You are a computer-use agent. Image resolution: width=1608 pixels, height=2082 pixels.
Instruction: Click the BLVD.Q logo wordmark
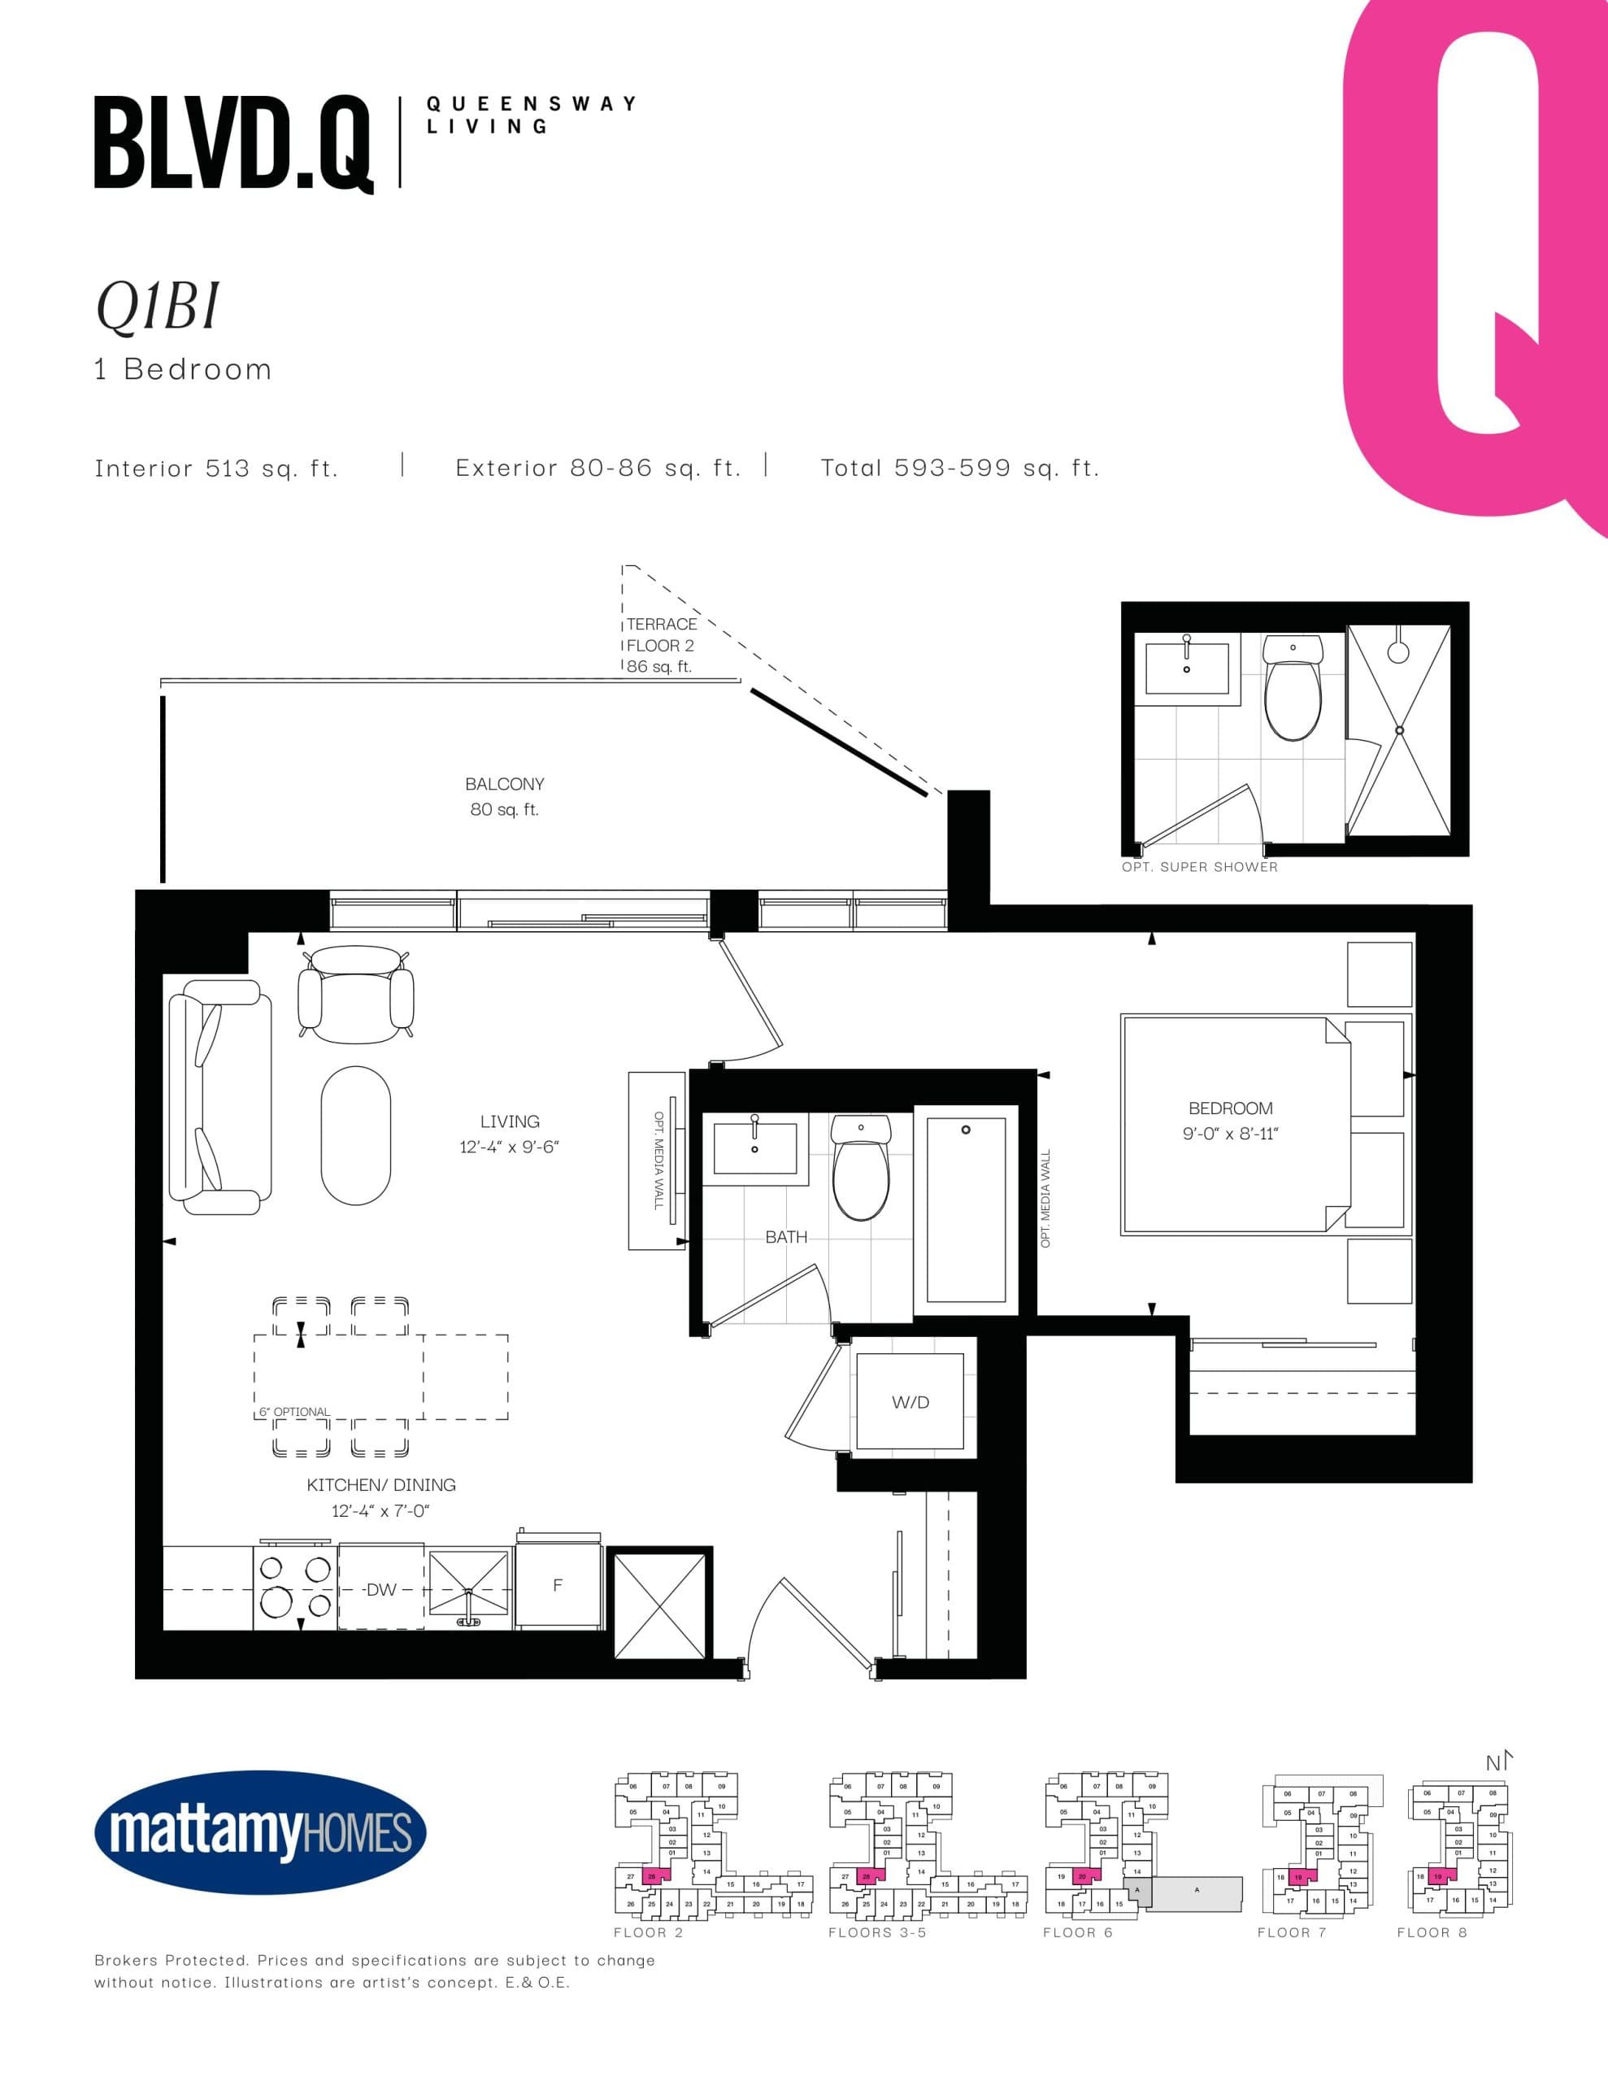tap(233, 144)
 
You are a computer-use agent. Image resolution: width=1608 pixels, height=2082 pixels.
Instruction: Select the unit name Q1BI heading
tap(157, 307)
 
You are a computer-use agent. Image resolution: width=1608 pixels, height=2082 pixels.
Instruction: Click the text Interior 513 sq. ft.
tap(216, 468)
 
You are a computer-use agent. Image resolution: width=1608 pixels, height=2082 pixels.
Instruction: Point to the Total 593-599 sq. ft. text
tap(960, 468)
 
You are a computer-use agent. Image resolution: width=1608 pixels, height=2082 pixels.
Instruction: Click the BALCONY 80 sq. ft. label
tap(504, 796)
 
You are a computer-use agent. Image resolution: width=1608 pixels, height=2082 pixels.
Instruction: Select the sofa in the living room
tap(219, 1096)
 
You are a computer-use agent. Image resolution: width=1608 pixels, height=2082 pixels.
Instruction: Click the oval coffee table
tap(355, 1135)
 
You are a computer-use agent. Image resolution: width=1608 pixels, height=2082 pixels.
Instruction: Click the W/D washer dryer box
tap(910, 1402)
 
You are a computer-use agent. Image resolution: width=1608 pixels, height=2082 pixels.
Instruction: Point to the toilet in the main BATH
tap(861, 1168)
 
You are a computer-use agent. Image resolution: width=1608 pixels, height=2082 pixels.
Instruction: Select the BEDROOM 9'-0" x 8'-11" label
tap(1231, 1120)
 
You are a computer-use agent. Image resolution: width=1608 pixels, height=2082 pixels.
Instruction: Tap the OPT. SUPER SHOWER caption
tap(1199, 866)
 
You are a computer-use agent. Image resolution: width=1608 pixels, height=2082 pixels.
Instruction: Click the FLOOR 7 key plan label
tap(1292, 1932)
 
